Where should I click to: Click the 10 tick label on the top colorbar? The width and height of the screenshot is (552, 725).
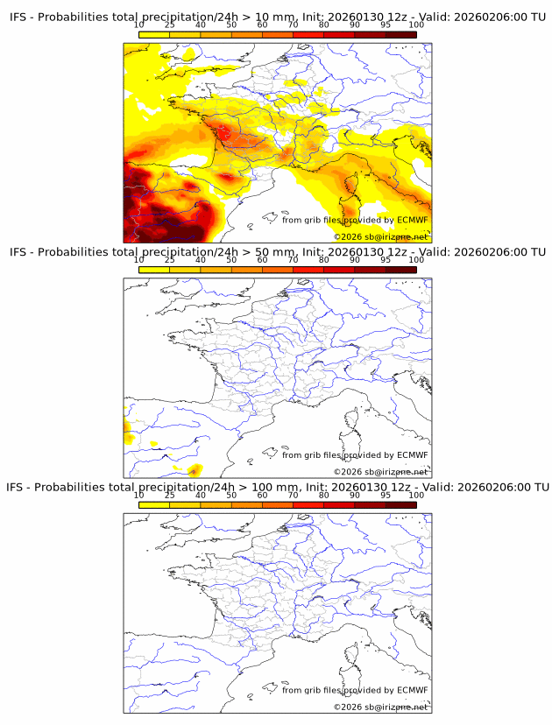click(x=139, y=25)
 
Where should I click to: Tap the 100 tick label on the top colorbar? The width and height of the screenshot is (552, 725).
click(x=416, y=25)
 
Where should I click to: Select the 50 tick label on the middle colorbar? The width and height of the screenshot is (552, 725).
click(x=231, y=260)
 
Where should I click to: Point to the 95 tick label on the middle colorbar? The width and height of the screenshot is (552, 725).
click(x=385, y=260)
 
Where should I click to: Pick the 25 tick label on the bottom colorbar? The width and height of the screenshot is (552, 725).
click(x=170, y=496)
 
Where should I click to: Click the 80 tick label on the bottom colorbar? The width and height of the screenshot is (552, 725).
click(x=323, y=496)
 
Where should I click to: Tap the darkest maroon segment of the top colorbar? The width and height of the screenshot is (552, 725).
click(x=400, y=34)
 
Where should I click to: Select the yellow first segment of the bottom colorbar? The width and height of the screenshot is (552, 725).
click(x=154, y=505)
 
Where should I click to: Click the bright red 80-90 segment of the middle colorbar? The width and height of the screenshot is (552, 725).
click(x=339, y=270)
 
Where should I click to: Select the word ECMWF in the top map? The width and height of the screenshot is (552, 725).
click(x=412, y=220)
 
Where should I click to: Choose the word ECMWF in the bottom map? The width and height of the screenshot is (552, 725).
click(x=412, y=690)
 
